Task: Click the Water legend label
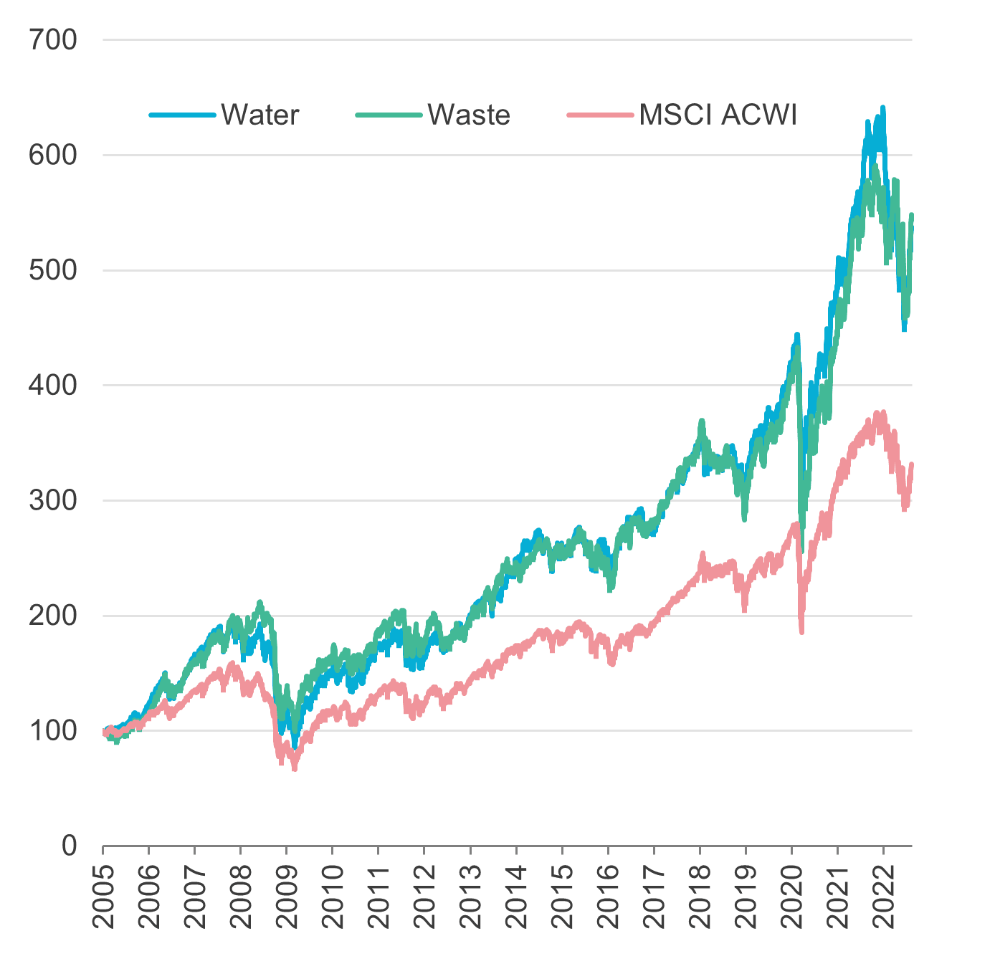[x=260, y=115]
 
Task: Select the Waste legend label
[x=469, y=115]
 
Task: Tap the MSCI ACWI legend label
[x=718, y=115]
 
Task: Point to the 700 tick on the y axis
[x=53, y=40]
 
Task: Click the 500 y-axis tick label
[x=53, y=270]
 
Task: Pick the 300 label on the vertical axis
[x=53, y=500]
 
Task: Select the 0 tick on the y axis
[x=69, y=846]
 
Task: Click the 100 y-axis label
[x=53, y=730]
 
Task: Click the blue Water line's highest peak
[x=883, y=108]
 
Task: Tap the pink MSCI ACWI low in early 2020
[x=801, y=632]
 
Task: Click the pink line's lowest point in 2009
[x=294, y=769]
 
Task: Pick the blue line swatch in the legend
[x=182, y=115]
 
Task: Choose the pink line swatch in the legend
[x=600, y=115]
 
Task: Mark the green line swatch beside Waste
[x=389, y=115]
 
